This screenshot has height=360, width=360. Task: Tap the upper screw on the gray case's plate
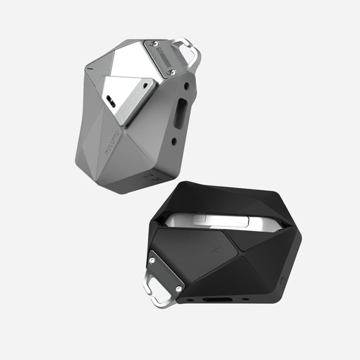click(x=156, y=44)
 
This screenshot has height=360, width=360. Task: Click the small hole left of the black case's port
click(x=190, y=299)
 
